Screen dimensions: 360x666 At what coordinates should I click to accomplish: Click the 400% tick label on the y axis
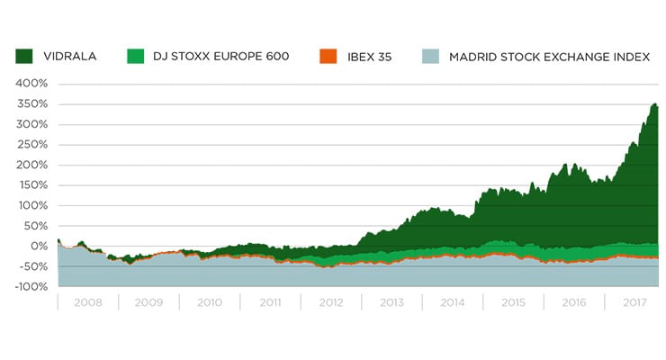(33, 84)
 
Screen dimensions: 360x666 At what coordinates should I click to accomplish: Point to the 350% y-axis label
(33, 104)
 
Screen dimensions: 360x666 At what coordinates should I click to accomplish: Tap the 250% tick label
(33, 145)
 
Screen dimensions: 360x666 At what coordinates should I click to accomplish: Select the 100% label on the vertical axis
(33, 205)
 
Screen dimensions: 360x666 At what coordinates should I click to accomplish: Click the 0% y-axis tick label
(39, 246)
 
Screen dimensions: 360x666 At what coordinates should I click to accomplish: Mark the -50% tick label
(33, 266)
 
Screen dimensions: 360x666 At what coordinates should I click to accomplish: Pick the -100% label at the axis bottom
(31, 286)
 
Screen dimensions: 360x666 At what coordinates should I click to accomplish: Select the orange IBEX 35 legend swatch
(328, 57)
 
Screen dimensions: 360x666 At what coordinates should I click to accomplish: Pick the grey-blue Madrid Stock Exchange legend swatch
(430, 57)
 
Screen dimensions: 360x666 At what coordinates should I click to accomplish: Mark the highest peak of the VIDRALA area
(654, 103)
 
